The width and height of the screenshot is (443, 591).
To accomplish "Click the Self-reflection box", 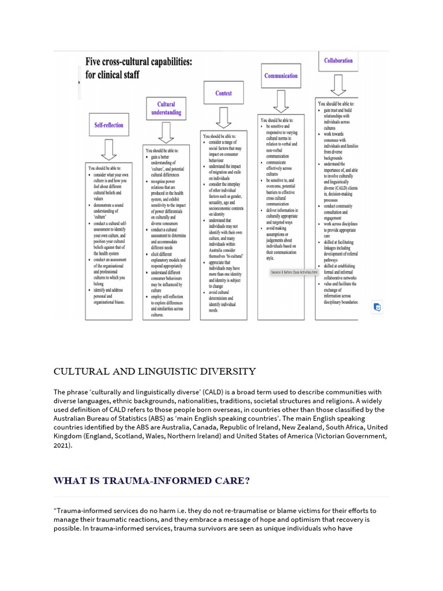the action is [x=108, y=125].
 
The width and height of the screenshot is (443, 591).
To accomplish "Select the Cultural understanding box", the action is [x=166, y=109].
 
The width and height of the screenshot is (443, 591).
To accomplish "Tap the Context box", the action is [x=223, y=93].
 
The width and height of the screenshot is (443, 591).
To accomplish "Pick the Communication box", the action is [x=281, y=76].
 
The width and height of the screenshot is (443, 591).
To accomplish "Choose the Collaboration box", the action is [x=338, y=61].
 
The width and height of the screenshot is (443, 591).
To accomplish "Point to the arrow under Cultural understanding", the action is [x=166, y=132].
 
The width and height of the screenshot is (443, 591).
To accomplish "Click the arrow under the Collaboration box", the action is [x=338, y=84].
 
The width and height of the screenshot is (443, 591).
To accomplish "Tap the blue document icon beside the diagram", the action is [x=377, y=307].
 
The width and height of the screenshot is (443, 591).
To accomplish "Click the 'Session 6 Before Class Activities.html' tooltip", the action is [x=294, y=272].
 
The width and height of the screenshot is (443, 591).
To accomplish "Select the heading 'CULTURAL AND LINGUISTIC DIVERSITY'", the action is [x=155, y=371].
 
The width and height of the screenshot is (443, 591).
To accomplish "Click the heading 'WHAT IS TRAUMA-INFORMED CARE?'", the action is [x=152, y=480].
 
